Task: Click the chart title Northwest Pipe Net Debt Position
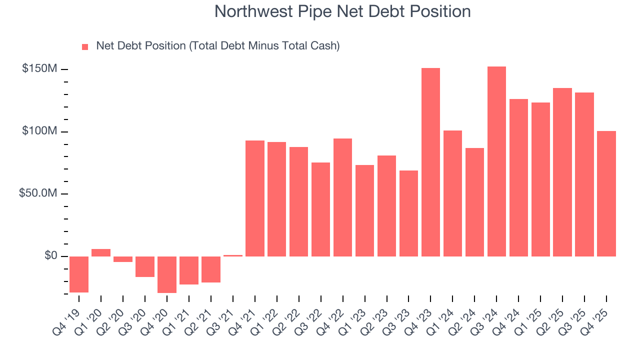(x=342, y=11)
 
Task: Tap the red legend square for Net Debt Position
(x=85, y=46)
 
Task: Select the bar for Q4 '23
(x=430, y=162)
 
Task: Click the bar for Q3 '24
(x=496, y=161)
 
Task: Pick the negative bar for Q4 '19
(x=79, y=274)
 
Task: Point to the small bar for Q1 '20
(x=101, y=252)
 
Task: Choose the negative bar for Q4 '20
(x=167, y=274)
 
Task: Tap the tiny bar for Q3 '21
(x=233, y=255)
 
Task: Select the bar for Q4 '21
(x=255, y=198)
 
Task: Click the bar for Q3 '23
(x=408, y=213)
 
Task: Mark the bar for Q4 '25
(x=606, y=193)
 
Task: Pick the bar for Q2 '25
(x=562, y=172)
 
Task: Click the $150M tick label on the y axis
(x=39, y=68)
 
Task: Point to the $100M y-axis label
(x=39, y=131)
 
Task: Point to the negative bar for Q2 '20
(x=123, y=259)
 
